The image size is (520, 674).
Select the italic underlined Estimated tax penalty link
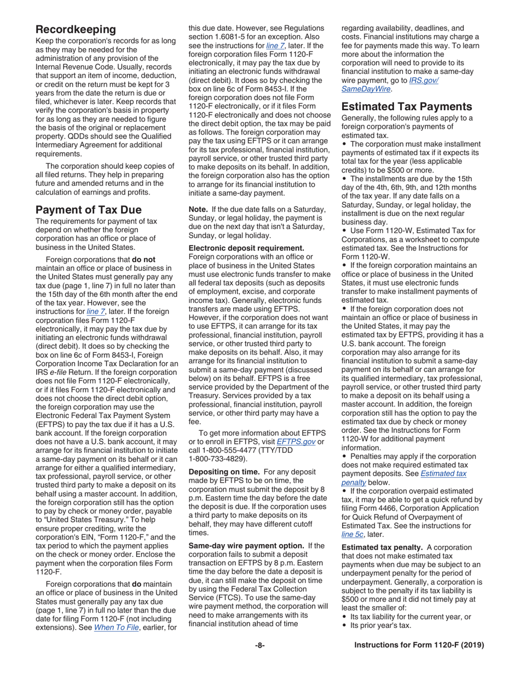pos(403,478)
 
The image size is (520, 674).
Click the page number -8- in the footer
pos(259,645)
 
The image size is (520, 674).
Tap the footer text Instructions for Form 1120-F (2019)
pos(419,645)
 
